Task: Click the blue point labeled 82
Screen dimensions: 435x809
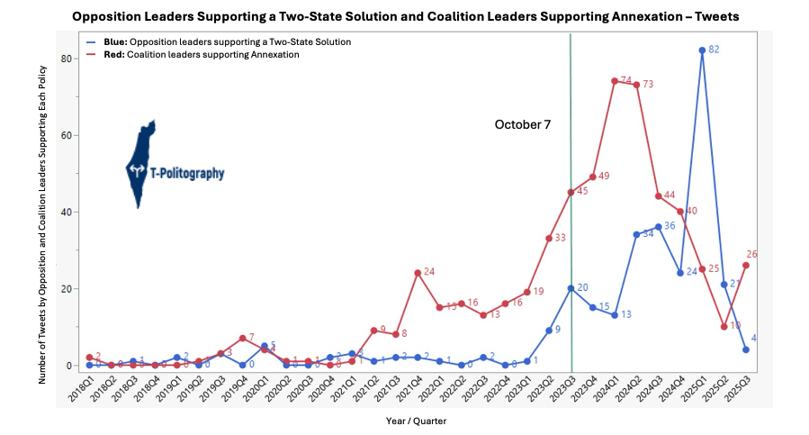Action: click(x=702, y=50)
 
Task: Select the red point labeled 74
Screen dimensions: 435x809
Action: click(x=615, y=81)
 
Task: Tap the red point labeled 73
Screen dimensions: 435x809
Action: click(x=636, y=85)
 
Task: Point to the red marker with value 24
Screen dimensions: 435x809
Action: click(x=418, y=273)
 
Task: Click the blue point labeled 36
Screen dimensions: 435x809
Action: click(x=659, y=227)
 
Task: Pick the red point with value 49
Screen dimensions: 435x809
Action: click(x=593, y=177)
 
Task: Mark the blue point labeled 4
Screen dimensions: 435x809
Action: click(x=746, y=349)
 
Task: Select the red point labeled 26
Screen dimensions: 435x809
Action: click(x=746, y=265)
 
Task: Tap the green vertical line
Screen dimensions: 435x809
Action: click(x=571, y=225)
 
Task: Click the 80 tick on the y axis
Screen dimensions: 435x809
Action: click(x=66, y=59)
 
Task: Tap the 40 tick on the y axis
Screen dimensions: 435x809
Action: click(x=66, y=213)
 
